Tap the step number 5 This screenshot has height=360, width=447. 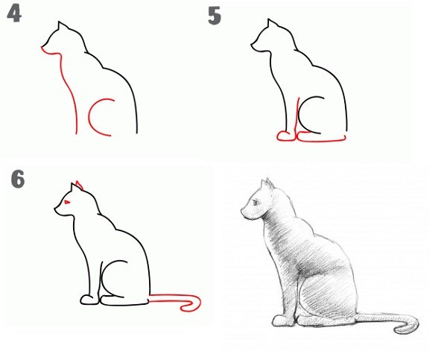coord(215,16)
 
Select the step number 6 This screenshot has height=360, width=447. coord(18,179)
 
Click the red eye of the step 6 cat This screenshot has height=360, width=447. coord(68,203)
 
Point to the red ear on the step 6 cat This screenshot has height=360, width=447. coord(79,184)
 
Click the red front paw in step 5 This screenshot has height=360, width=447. coord(285,136)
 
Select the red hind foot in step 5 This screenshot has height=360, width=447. coord(320,137)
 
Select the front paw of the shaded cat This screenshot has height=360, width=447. coord(282,321)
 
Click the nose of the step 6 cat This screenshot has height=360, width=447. coord(55,210)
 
